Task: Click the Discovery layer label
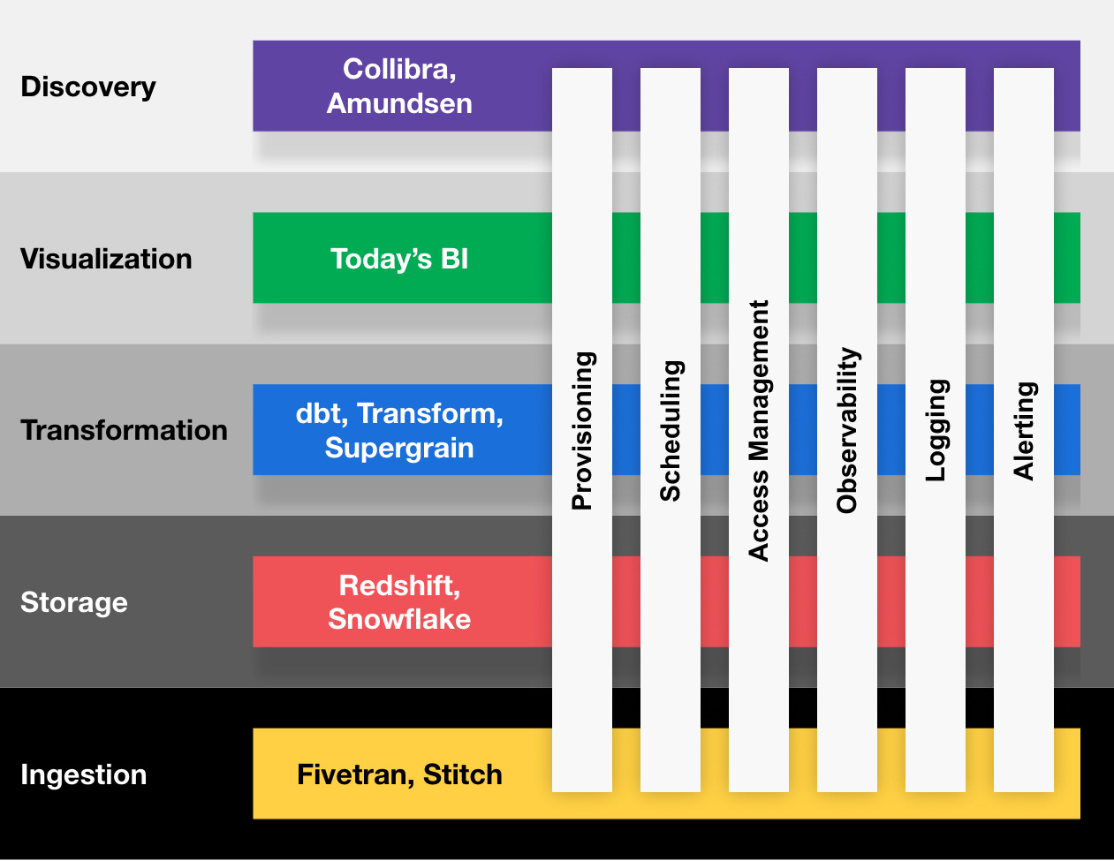tap(88, 87)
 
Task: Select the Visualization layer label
tap(106, 259)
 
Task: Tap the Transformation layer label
tap(124, 430)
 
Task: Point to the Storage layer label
tap(74, 602)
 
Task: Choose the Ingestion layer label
tap(84, 774)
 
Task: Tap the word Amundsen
tap(399, 103)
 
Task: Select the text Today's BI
tap(399, 259)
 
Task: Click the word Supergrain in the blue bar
tap(399, 448)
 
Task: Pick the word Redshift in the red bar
tap(397, 585)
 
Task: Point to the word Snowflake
tap(399, 619)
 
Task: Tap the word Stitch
tap(463, 774)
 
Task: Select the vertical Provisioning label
tap(582, 431)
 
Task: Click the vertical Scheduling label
tap(671, 431)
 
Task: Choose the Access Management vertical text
tap(759, 431)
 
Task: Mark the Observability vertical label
tap(847, 431)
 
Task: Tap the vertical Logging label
tap(936, 431)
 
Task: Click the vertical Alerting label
tap(1024, 431)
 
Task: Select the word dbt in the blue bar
tap(318, 413)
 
